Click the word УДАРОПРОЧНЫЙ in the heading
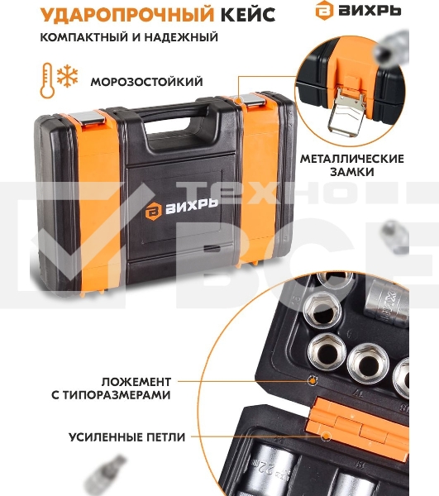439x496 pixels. [127, 15]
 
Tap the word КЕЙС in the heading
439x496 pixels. [248, 15]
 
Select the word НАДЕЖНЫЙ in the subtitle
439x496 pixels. [181, 37]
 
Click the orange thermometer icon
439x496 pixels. [47, 80]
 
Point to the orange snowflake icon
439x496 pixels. [67, 76]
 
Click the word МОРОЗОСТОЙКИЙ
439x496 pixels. [147, 82]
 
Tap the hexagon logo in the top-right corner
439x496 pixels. [325, 11]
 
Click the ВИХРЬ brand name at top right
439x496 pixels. [370, 11]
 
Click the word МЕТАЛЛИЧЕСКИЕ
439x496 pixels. [352, 159]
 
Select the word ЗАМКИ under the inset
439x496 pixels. [352, 172]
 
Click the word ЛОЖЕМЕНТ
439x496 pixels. [136, 382]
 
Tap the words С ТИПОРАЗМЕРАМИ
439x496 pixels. [111, 395]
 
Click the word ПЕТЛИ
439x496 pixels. [165, 437]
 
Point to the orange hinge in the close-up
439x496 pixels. [357, 424]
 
